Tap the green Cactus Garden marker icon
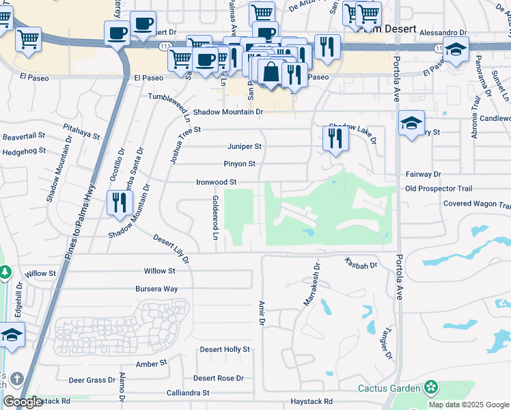click(x=430, y=388)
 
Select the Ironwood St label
click(x=216, y=182)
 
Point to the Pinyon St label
click(x=239, y=164)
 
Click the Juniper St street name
click(x=245, y=146)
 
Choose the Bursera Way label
click(x=156, y=289)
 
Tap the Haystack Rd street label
click(x=311, y=402)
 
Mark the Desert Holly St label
click(x=225, y=349)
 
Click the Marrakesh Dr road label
click(x=310, y=285)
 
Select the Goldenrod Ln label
click(x=215, y=217)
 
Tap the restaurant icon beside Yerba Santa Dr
click(x=120, y=202)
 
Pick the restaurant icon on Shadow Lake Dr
click(x=335, y=138)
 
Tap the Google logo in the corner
click(x=23, y=402)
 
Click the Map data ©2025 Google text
click(x=469, y=405)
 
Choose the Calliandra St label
click(x=188, y=393)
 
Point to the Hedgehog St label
click(x=23, y=150)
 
